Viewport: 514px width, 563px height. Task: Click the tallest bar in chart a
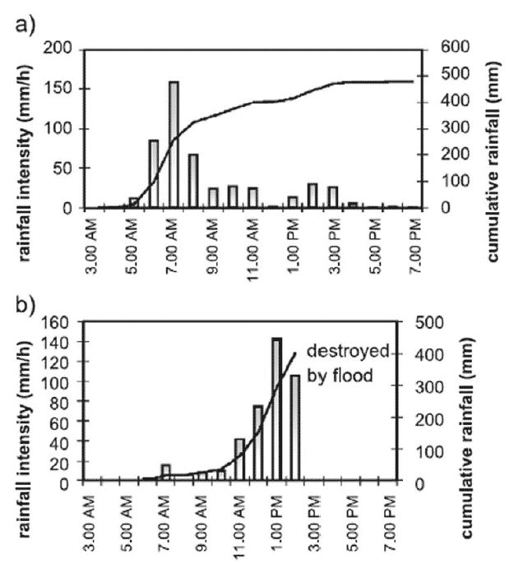pos(174,144)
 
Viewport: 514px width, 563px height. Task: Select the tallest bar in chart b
pos(276,408)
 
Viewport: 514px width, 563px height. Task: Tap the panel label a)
pos(25,24)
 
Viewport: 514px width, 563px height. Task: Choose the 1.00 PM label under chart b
pos(276,513)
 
